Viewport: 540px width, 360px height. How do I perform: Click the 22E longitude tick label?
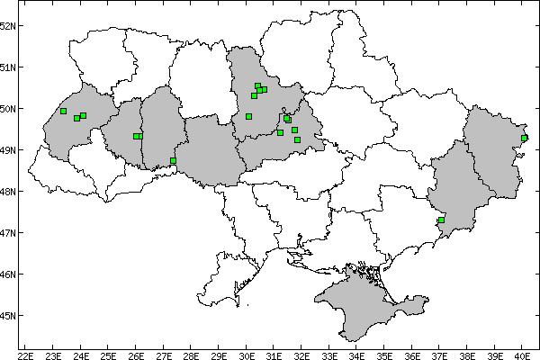(25, 354)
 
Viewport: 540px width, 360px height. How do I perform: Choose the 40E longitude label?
(523, 354)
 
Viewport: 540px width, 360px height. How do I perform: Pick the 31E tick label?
(274, 354)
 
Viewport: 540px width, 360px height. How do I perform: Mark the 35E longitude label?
(384, 354)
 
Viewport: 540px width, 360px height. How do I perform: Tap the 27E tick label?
(163, 354)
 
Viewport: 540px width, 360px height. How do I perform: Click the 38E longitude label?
(467, 354)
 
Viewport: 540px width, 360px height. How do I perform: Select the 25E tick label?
(108, 354)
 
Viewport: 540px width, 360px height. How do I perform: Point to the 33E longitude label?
(329, 354)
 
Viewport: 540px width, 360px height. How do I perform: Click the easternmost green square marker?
(525, 138)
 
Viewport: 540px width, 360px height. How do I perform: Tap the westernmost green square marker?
(63, 111)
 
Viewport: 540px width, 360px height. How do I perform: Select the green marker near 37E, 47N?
(442, 220)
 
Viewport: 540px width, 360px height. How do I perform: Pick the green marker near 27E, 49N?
(173, 161)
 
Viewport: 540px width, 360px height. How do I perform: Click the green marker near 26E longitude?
(137, 136)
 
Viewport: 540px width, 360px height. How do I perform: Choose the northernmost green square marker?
(257, 86)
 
